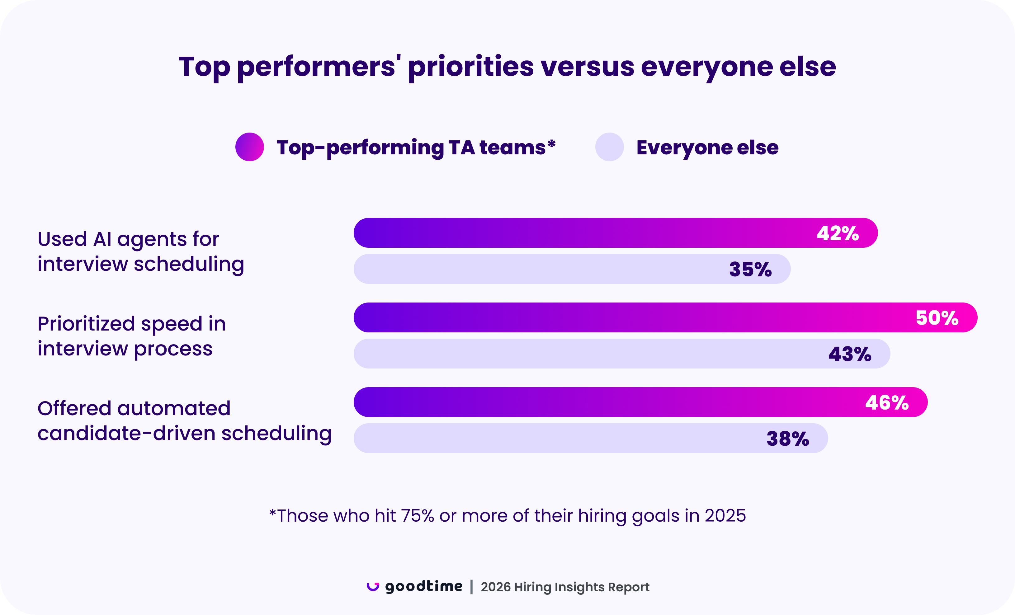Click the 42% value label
pos(838,233)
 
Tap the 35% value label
pos(750,270)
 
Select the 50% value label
pos(937,318)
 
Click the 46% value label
pos(886,403)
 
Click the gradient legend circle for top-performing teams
pos(250,147)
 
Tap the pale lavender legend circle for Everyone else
pos(609,147)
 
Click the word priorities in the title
pos(470,67)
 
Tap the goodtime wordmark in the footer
pos(423,586)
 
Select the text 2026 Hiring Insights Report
pos(565,587)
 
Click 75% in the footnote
pos(417,516)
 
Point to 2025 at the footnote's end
pos(725,516)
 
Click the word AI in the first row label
pos(102,239)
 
